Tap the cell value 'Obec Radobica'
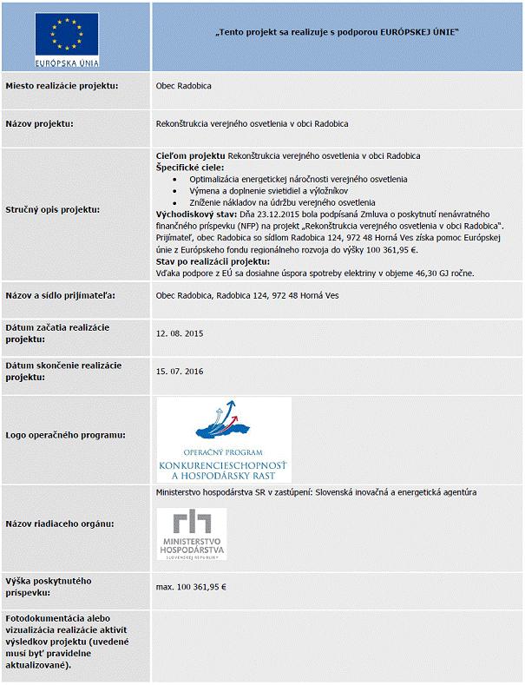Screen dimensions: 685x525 click(183, 86)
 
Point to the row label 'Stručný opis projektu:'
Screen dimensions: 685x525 click(52, 209)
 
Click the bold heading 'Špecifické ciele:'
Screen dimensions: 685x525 click(188, 167)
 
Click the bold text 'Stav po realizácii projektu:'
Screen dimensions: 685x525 click(213, 261)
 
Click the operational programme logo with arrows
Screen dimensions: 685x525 click(224, 438)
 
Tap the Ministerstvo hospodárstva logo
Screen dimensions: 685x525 click(191, 534)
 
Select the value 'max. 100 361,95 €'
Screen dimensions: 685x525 click(191, 587)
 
